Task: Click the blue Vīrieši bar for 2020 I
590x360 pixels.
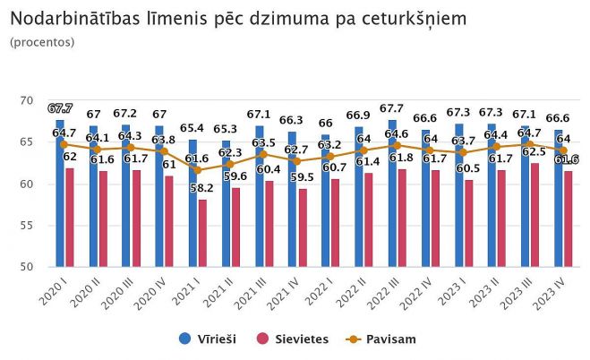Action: (x=60, y=193)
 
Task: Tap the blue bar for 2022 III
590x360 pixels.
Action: (x=392, y=193)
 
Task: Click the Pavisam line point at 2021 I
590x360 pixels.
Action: (x=197, y=170)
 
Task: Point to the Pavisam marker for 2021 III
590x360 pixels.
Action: (x=263, y=154)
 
